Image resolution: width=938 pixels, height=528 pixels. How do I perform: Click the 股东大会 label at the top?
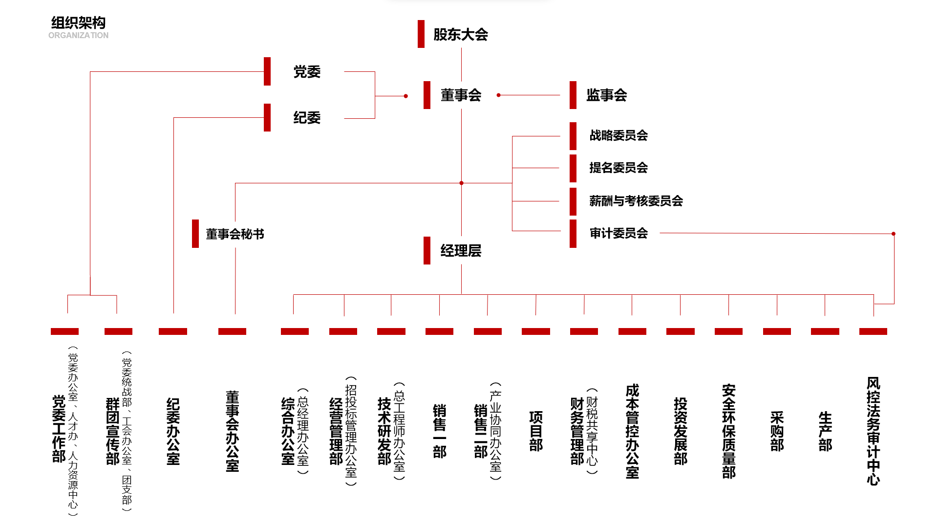point(461,35)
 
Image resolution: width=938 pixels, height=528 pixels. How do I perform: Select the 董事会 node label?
point(461,95)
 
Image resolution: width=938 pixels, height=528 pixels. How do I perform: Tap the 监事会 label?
point(607,95)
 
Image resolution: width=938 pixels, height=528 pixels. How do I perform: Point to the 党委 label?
point(307,72)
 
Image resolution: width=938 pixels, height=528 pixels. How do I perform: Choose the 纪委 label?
point(307,118)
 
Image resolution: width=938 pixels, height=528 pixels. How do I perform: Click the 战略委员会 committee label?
point(618,135)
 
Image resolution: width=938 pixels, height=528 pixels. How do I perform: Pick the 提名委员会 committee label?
point(618,168)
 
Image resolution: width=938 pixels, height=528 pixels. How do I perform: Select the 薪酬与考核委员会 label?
point(636,201)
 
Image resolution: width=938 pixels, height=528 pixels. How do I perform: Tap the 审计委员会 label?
point(618,233)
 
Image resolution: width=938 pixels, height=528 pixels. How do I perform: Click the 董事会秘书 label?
point(235,234)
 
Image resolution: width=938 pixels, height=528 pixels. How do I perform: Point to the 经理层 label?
point(461,251)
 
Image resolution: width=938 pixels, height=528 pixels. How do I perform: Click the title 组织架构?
point(78,22)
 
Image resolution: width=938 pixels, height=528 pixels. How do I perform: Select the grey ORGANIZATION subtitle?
point(78,36)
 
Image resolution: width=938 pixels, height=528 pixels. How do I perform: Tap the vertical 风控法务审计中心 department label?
point(874,431)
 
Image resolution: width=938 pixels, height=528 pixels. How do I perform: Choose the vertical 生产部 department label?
point(825,431)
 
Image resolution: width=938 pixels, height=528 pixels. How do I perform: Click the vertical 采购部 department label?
point(777,431)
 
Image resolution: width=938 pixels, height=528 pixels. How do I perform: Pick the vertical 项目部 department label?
point(536,431)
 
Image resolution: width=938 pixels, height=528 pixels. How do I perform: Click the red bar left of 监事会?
point(573,95)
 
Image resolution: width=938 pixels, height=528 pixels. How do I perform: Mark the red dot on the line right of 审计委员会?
point(894,234)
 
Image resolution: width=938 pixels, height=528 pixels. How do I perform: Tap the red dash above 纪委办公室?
point(173,331)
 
